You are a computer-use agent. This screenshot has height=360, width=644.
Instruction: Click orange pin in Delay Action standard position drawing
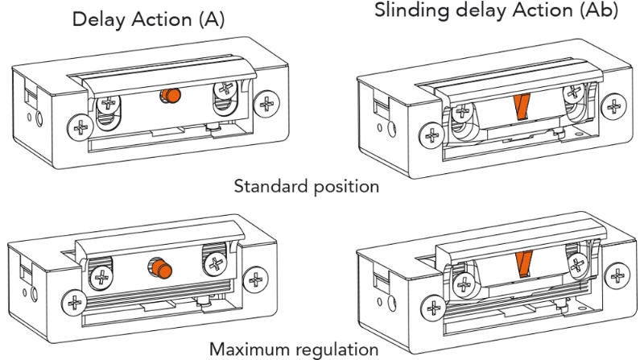(x=170, y=95)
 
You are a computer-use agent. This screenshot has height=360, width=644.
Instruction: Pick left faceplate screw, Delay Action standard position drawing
(x=79, y=126)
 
